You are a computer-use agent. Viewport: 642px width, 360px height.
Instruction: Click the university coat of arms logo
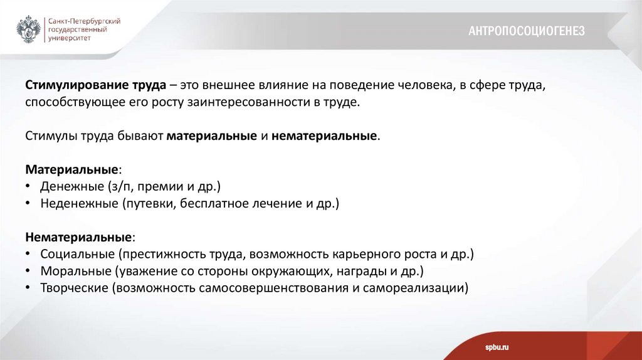28,28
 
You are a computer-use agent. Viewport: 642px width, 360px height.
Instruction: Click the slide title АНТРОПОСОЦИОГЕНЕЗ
527,31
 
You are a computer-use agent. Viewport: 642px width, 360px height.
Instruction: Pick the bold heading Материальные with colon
73,170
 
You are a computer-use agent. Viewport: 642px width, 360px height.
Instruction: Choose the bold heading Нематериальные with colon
80,238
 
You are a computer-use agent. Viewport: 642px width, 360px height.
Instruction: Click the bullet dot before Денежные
29,187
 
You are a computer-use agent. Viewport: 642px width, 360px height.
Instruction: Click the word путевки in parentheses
147,204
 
